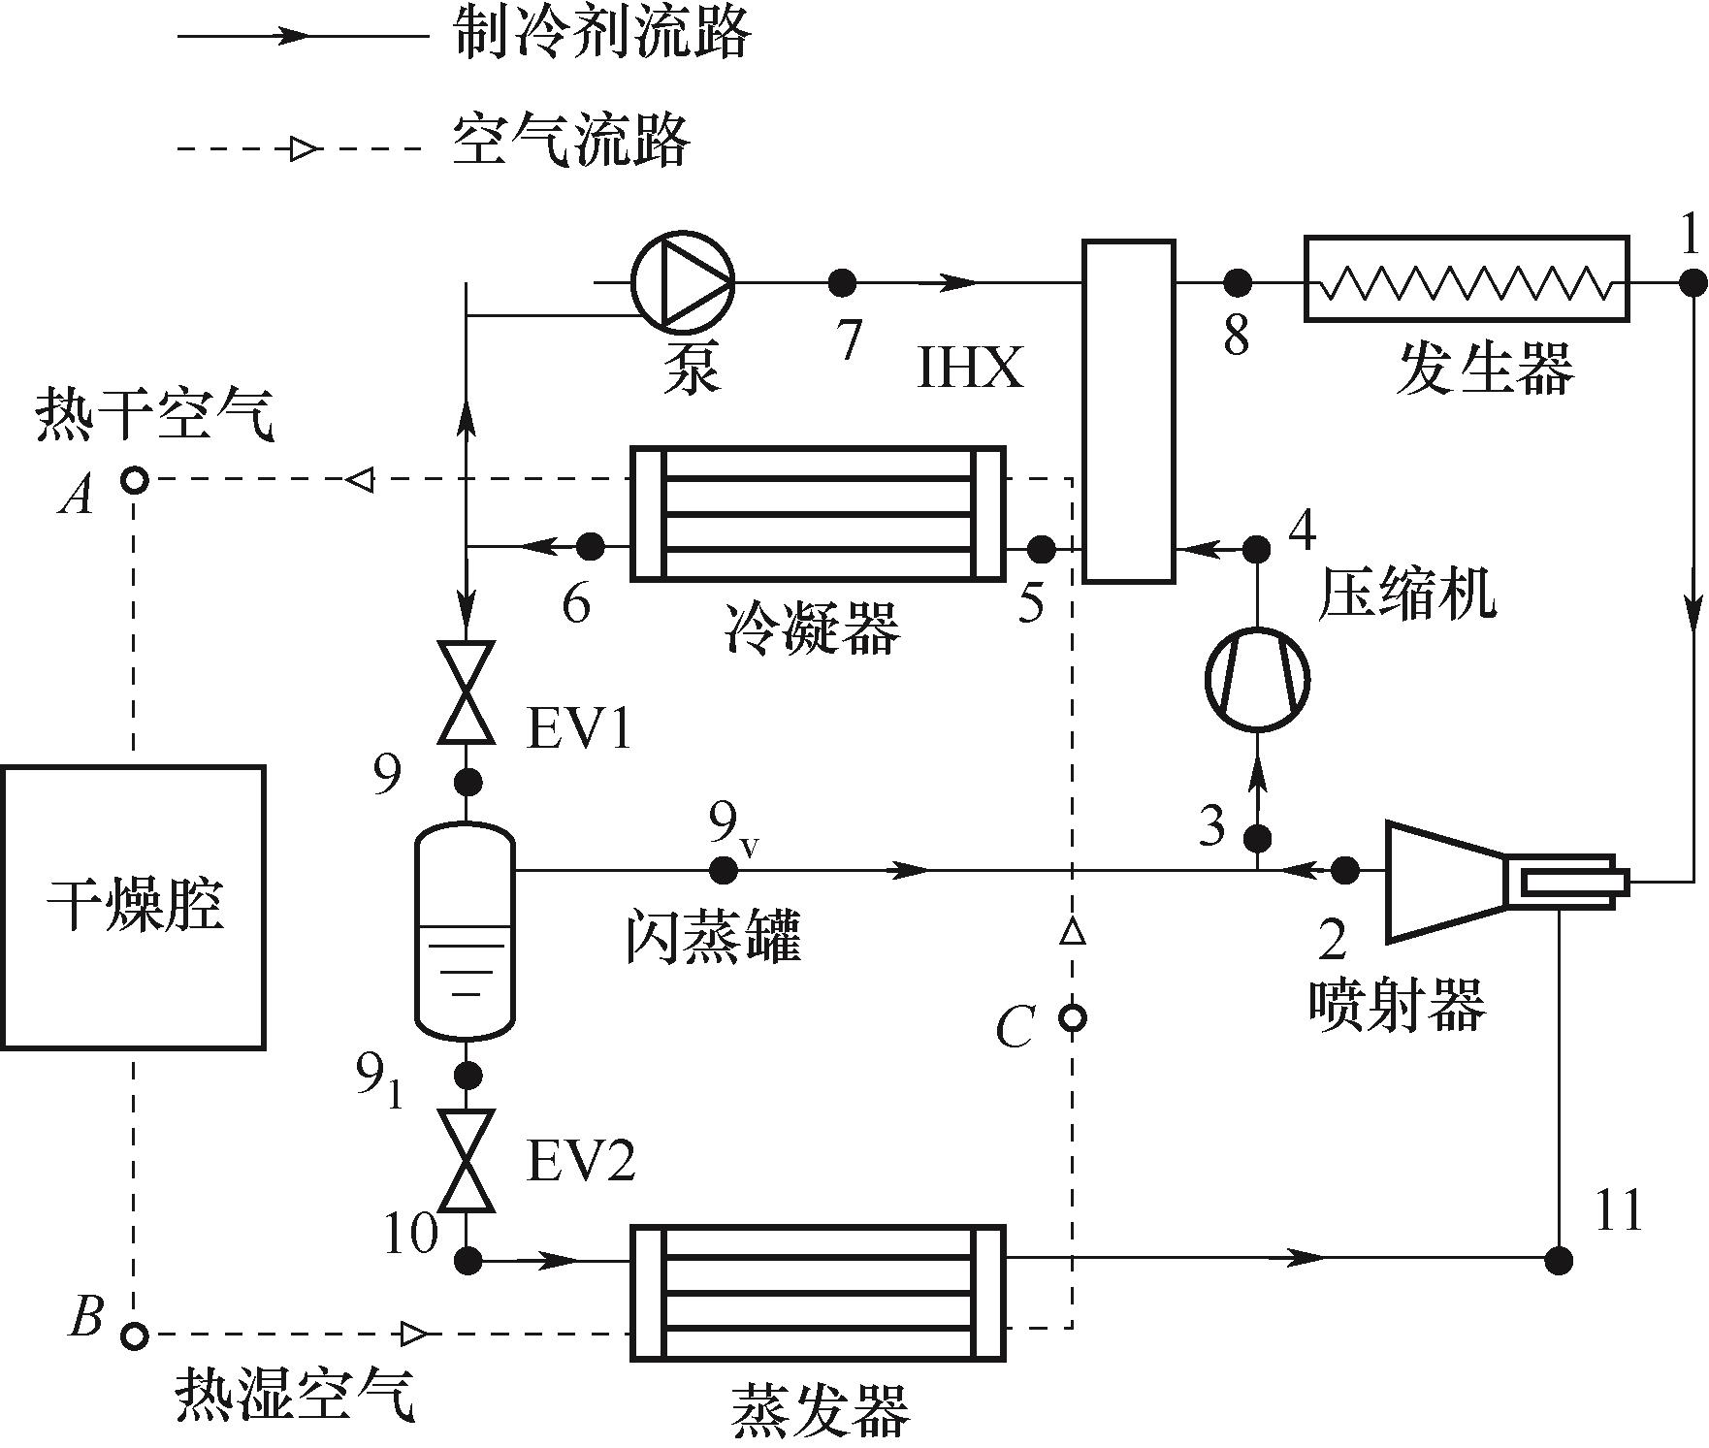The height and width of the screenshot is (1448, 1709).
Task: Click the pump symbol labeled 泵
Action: point(683,282)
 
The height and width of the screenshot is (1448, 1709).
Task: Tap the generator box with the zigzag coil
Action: point(1466,278)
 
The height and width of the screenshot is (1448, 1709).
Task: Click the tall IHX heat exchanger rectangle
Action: point(1128,411)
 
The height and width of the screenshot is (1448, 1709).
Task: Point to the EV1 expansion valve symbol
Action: point(467,692)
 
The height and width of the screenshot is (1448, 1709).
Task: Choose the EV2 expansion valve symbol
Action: point(467,1161)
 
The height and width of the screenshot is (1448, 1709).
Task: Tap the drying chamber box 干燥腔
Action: point(133,907)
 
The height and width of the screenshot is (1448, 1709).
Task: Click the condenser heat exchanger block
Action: point(818,514)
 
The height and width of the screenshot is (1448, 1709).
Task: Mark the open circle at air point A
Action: point(134,479)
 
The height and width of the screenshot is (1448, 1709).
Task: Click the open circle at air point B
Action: point(134,1335)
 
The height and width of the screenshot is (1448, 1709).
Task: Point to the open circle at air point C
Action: point(1072,1018)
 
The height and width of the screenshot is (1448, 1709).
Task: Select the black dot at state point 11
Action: point(1559,1260)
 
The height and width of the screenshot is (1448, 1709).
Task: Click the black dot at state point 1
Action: point(1693,283)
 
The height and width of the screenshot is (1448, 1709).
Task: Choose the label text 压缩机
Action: point(1405,594)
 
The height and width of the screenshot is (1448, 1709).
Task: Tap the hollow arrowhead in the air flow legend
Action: point(304,149)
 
